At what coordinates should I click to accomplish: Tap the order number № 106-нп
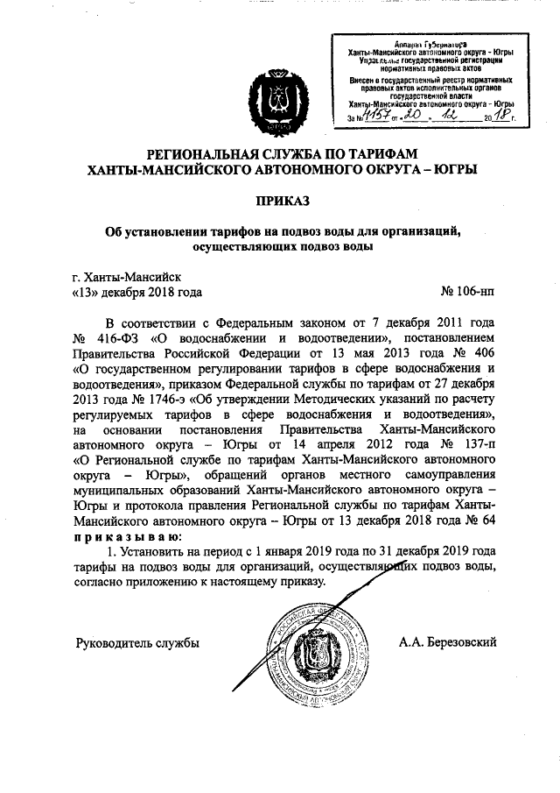click(472, 293)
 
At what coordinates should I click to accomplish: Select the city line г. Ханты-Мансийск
click(128, 276)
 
